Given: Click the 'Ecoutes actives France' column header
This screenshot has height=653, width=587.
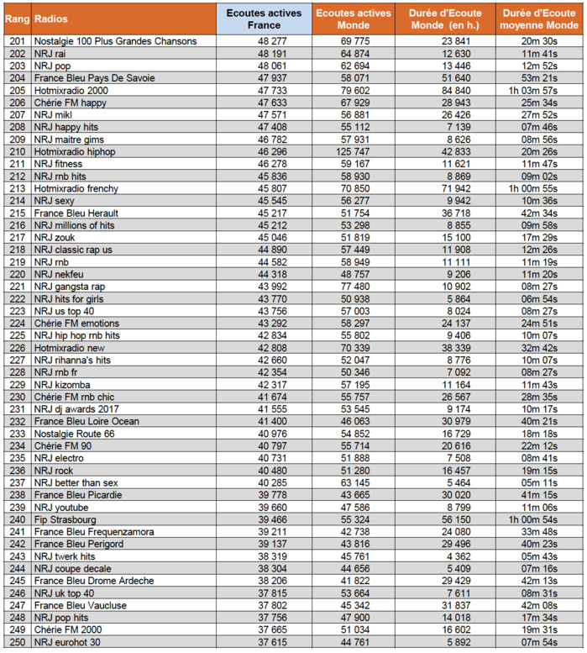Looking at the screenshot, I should pos(264,18).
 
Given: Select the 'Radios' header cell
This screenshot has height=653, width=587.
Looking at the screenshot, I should pos(51,18).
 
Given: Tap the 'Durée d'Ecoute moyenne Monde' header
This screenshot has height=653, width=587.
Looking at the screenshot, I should pos(538,18).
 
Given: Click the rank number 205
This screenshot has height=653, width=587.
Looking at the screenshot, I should pos(15,90).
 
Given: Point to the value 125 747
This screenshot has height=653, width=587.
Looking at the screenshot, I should pos(353,152).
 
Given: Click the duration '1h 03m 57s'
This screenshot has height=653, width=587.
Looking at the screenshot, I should pos(538,90).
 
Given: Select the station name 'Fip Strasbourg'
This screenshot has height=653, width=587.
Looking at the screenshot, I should pos(66,520).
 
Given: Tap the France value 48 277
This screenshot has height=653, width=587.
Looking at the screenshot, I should pos(264,40).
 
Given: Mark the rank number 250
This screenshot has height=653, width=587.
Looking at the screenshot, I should pos(15,643).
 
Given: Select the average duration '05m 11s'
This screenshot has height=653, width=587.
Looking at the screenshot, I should pos(538,483).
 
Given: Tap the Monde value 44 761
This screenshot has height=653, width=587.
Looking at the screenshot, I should pos(353,643).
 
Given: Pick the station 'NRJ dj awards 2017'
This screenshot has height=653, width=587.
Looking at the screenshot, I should pos(79,409).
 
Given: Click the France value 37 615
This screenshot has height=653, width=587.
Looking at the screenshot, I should pos(264,643).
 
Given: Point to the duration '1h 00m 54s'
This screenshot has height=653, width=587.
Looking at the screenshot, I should pos(538,520).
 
